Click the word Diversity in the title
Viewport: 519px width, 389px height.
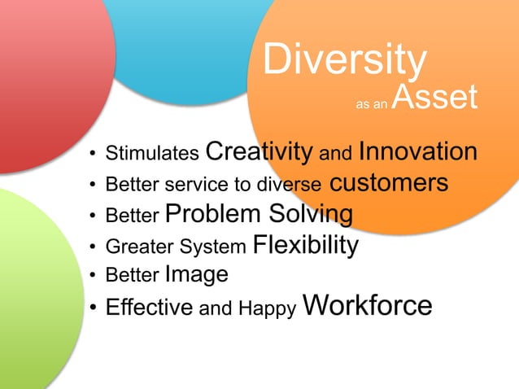344,60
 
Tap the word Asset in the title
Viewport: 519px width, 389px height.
433,98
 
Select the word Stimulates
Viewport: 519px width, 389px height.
153,153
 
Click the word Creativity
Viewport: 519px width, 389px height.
259,151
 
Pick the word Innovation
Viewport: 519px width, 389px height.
417,151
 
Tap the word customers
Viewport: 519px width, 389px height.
388,182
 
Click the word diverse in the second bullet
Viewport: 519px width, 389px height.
291,185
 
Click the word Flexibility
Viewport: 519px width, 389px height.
306,244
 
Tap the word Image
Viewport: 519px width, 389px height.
196,275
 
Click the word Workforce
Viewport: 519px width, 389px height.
367,305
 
